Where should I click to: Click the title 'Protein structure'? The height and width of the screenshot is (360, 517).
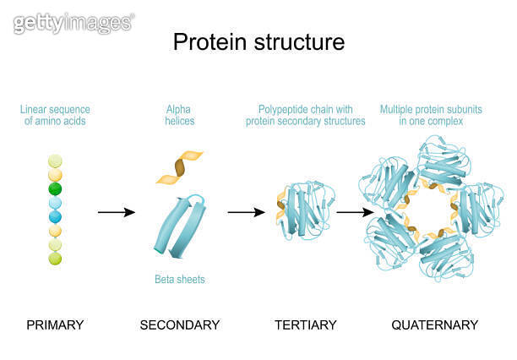coord(258,41)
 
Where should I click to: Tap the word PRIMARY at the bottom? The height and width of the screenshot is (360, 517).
coord(55,325)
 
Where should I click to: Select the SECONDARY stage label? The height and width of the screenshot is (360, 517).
coord(179,325)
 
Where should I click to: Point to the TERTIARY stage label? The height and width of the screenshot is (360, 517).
coord(306,325)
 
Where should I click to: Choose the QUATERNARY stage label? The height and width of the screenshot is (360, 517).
coord(434,325)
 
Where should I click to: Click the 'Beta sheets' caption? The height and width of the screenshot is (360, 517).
coord(179,279)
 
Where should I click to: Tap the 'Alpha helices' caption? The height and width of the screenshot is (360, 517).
coord(179,115)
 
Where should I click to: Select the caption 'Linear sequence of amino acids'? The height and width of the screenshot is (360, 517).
coord(55,115)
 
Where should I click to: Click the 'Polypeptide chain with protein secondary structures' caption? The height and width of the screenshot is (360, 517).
coord(306,115)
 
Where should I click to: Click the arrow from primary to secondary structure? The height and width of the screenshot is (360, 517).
coord(116,211)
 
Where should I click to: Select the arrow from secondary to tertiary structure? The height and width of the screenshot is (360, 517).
coord(246,211)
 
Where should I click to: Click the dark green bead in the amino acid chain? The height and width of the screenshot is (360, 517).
coord(55,189)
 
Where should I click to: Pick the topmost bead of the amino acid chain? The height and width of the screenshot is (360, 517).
coord(55,161)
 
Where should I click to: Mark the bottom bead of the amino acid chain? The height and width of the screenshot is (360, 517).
coord(55,259)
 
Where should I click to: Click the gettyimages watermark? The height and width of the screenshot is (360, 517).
coord(73,23)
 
